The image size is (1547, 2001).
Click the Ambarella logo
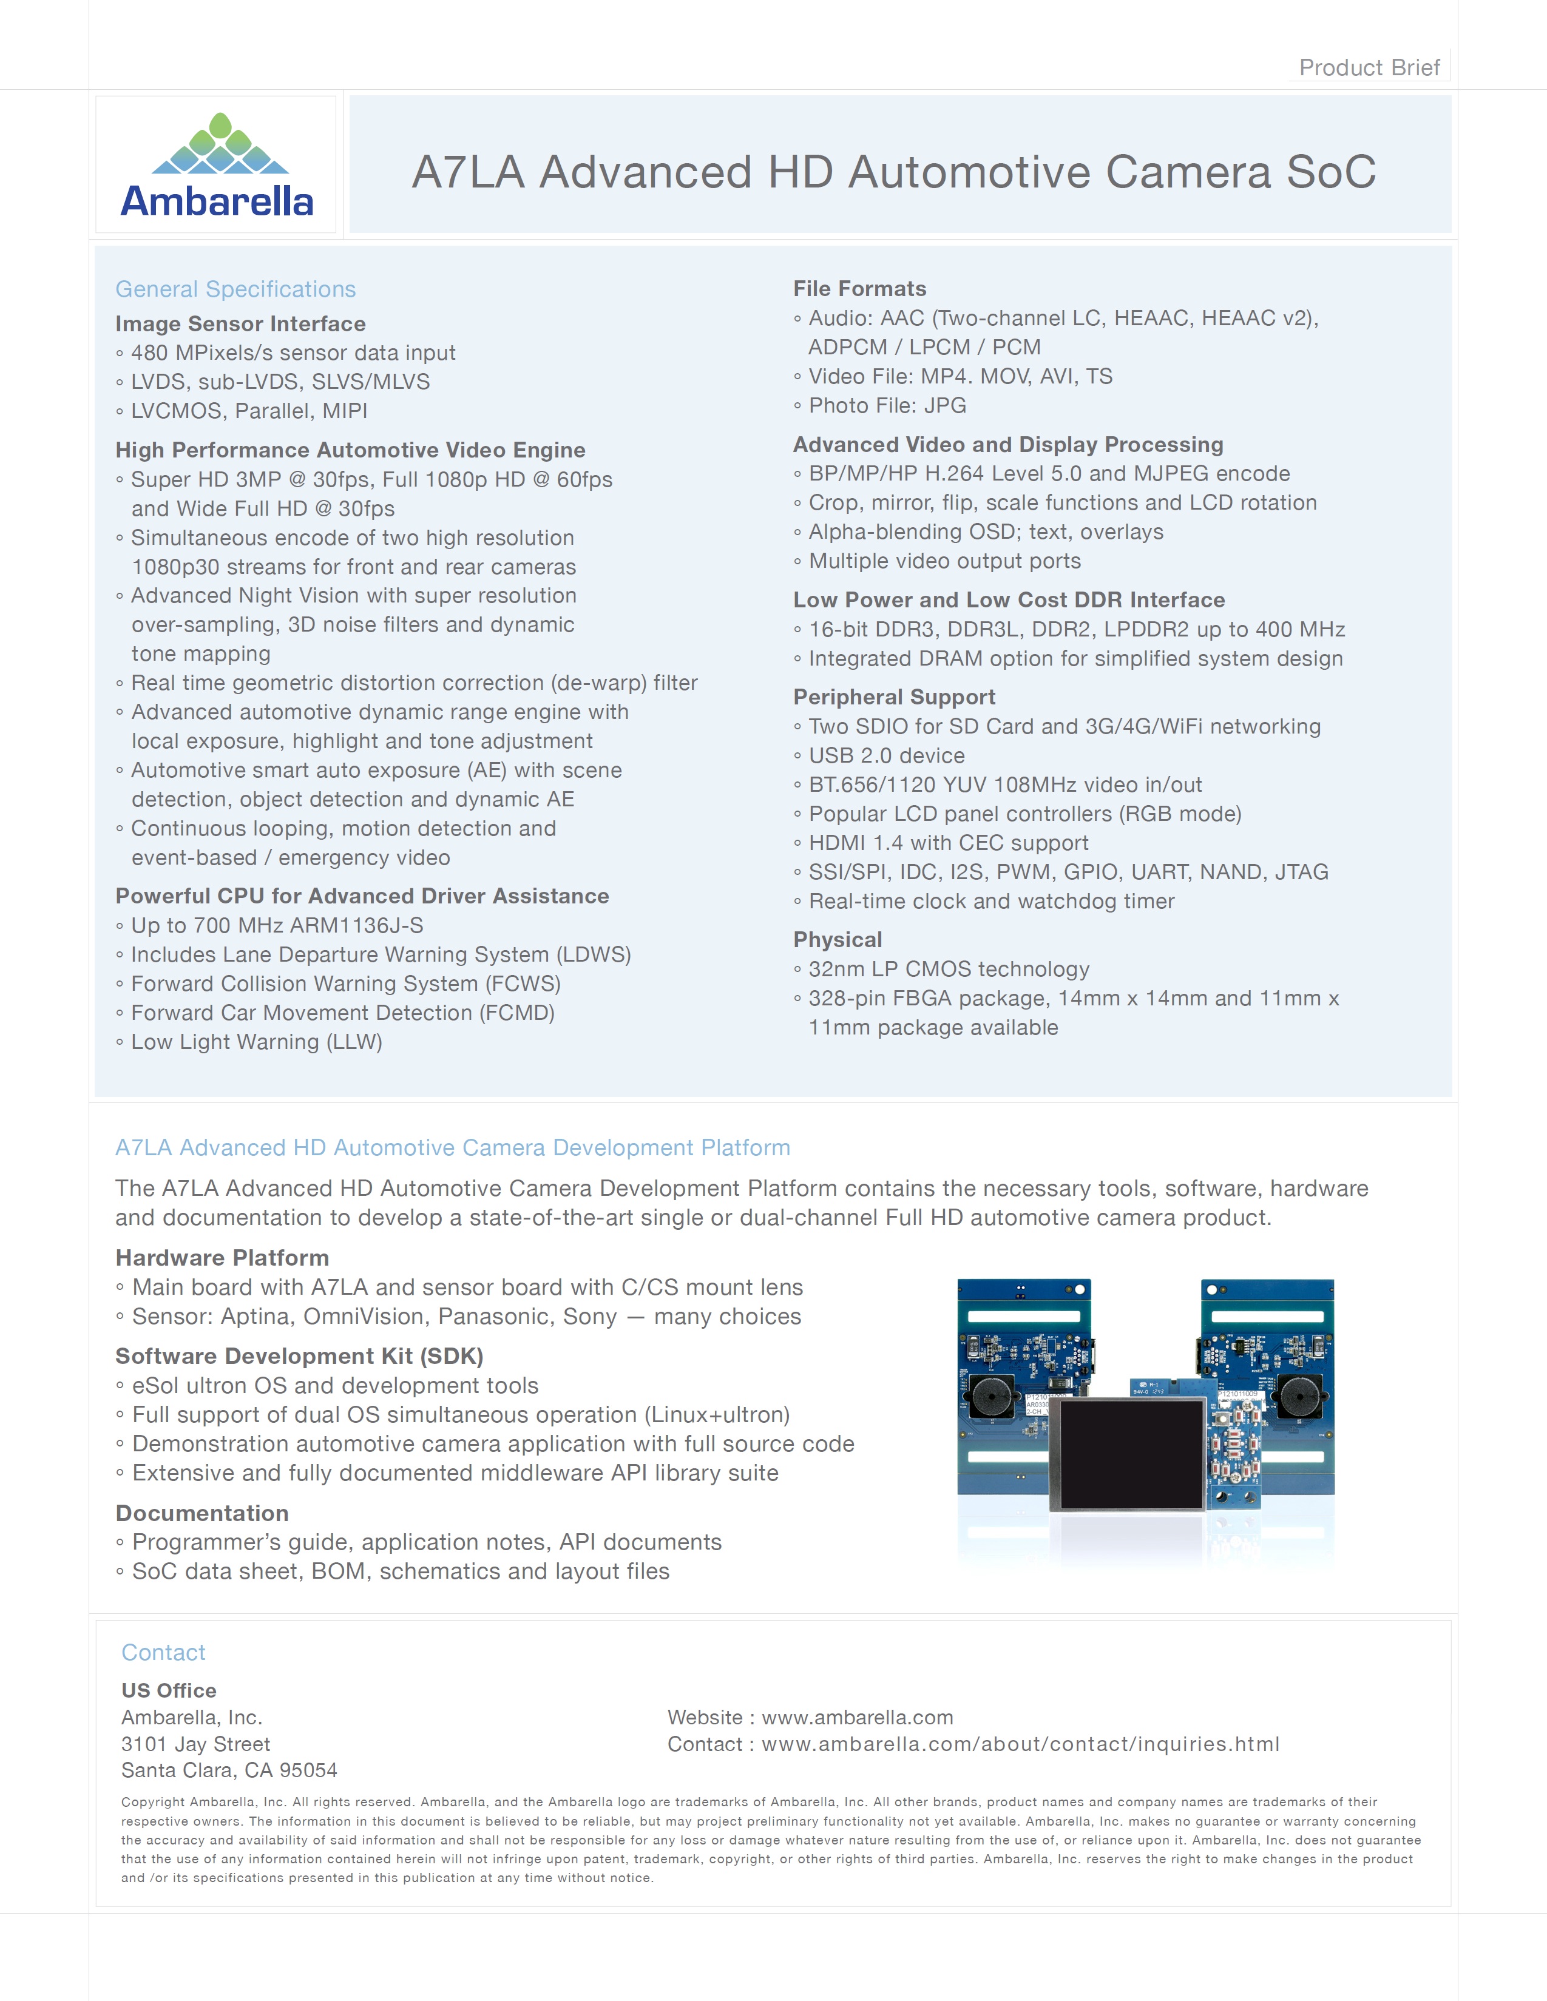pos(217,165)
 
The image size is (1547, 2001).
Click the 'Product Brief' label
pos(1369,68)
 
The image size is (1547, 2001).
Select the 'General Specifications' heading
pos(235,289)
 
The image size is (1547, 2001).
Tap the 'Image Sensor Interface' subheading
pos(240,325)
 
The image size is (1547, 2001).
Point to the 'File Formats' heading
pos(859,289)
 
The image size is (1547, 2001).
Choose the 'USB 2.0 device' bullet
pos(886,756)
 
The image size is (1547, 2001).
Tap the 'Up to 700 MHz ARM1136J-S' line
pos(277,925)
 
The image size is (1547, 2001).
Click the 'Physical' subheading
pos(838,940)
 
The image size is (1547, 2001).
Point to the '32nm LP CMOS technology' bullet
pos(949,970)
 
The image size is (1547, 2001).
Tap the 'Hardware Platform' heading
pos(222,1258)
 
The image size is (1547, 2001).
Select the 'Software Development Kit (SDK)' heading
pos(299,1356)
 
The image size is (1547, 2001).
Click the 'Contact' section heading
pos(163,1652)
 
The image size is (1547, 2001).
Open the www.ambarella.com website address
pos(857,1717)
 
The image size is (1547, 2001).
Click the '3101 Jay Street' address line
pos(195,1744)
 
